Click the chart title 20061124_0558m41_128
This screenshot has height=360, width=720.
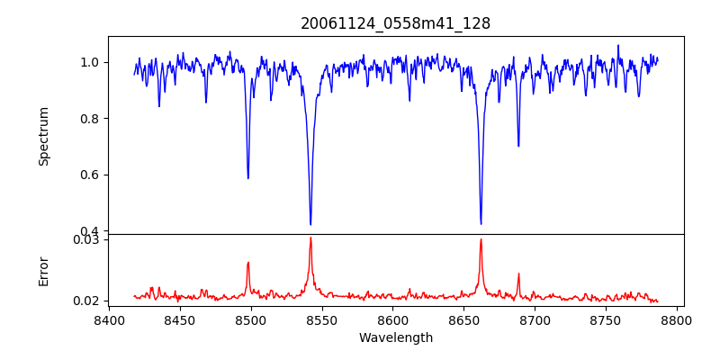(395, 23)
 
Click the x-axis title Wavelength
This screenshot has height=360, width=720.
(395, 337)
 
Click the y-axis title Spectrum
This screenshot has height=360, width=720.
(43, 136)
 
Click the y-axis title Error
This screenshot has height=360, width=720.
(43, 271)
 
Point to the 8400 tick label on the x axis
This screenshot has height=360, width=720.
(109, 319)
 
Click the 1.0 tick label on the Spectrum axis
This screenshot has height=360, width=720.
(89, 62)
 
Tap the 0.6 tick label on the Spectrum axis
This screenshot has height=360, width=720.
(89, 175)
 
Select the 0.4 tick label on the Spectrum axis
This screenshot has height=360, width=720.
(89, 231)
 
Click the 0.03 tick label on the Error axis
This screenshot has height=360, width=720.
(85, 239)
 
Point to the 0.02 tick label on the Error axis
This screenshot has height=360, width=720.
(85, 301)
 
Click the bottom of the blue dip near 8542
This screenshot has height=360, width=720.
(310, 224)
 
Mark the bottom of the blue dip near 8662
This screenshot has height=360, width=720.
(481, 223)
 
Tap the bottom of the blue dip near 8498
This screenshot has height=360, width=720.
(248, 178)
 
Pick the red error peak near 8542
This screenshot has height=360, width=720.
(310, 238)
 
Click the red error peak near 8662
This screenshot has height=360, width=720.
(481, 239)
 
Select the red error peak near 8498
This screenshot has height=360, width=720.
(248, 263)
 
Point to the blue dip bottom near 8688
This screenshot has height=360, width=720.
(518, 146)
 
